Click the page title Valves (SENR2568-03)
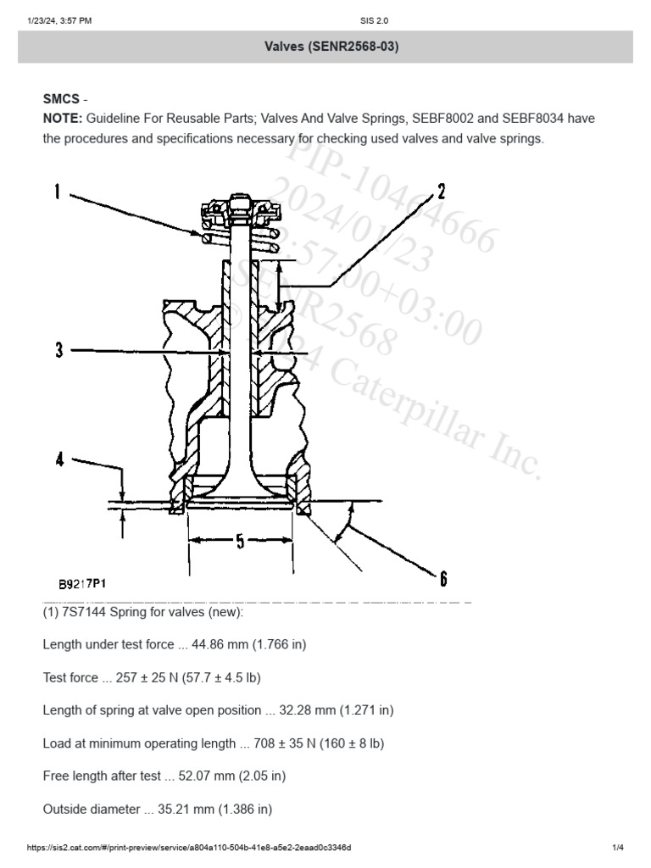click(325, 47)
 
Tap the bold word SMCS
click(61, 99)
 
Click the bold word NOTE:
click(62, 119)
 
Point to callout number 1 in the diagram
click(58, 192)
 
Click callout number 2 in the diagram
click(442, 190)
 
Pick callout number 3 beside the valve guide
click(59, 349)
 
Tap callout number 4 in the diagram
click(59, 459)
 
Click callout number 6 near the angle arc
click(442, 579)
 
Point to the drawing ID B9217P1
click(82, 584)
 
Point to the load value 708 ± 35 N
click(283, 743)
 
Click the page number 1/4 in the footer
click(617, 848)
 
